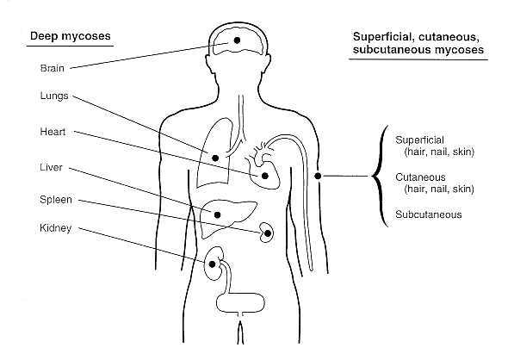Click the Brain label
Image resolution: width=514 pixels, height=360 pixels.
point(53,68)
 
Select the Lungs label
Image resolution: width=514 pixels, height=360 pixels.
point(54,96)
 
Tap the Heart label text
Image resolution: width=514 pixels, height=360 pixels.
point(53,132)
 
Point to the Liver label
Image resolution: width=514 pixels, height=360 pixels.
point(51,168)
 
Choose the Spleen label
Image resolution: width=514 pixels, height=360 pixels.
point(56,200)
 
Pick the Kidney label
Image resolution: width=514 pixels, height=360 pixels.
point(55,228)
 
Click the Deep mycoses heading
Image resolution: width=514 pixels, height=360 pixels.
point(70,36)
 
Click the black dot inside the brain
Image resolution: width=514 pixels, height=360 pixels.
point(237,40)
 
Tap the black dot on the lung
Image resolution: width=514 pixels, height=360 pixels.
point(215,158)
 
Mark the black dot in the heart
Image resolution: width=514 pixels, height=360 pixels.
point(265,176)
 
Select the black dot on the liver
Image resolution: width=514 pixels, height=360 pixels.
point(217,214)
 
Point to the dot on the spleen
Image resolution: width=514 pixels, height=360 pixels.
point(268,233)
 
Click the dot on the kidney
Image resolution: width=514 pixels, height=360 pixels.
point(213,264)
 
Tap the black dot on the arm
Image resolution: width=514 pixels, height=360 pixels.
point(318,176)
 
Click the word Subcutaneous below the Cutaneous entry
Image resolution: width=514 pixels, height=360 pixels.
point(429,214)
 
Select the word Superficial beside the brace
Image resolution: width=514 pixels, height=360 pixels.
point(419,140)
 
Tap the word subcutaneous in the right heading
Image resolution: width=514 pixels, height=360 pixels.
point(387,50)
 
